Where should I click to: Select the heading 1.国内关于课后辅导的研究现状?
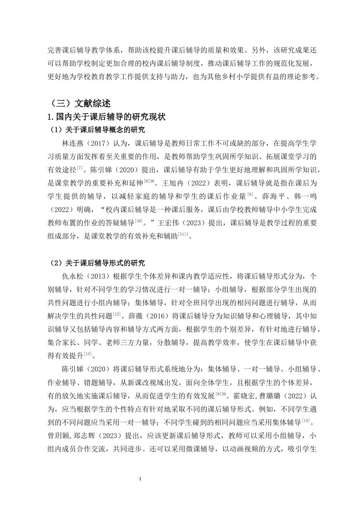coord(106,117)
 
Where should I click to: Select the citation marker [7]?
coord(80,167)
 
